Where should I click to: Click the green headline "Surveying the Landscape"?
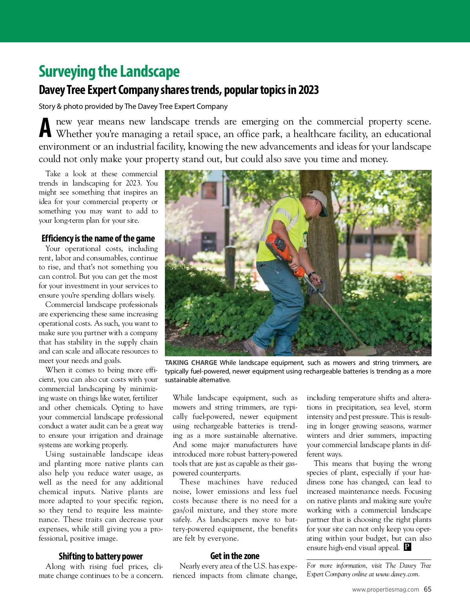coord(109,72)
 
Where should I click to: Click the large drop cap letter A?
coord(45,128)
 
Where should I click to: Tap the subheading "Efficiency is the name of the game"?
coord(98,238)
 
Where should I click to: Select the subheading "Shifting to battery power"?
coord(101,556)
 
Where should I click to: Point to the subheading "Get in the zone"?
coord(235,556)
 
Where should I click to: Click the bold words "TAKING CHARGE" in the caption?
coord(191,363)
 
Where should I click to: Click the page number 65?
coord(427,589)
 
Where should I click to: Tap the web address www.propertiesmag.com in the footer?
coord(385,590)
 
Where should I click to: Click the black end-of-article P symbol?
coord(407,547)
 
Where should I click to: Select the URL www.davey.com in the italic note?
coord(397,574)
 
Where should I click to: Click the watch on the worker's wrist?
coord(311,274)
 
